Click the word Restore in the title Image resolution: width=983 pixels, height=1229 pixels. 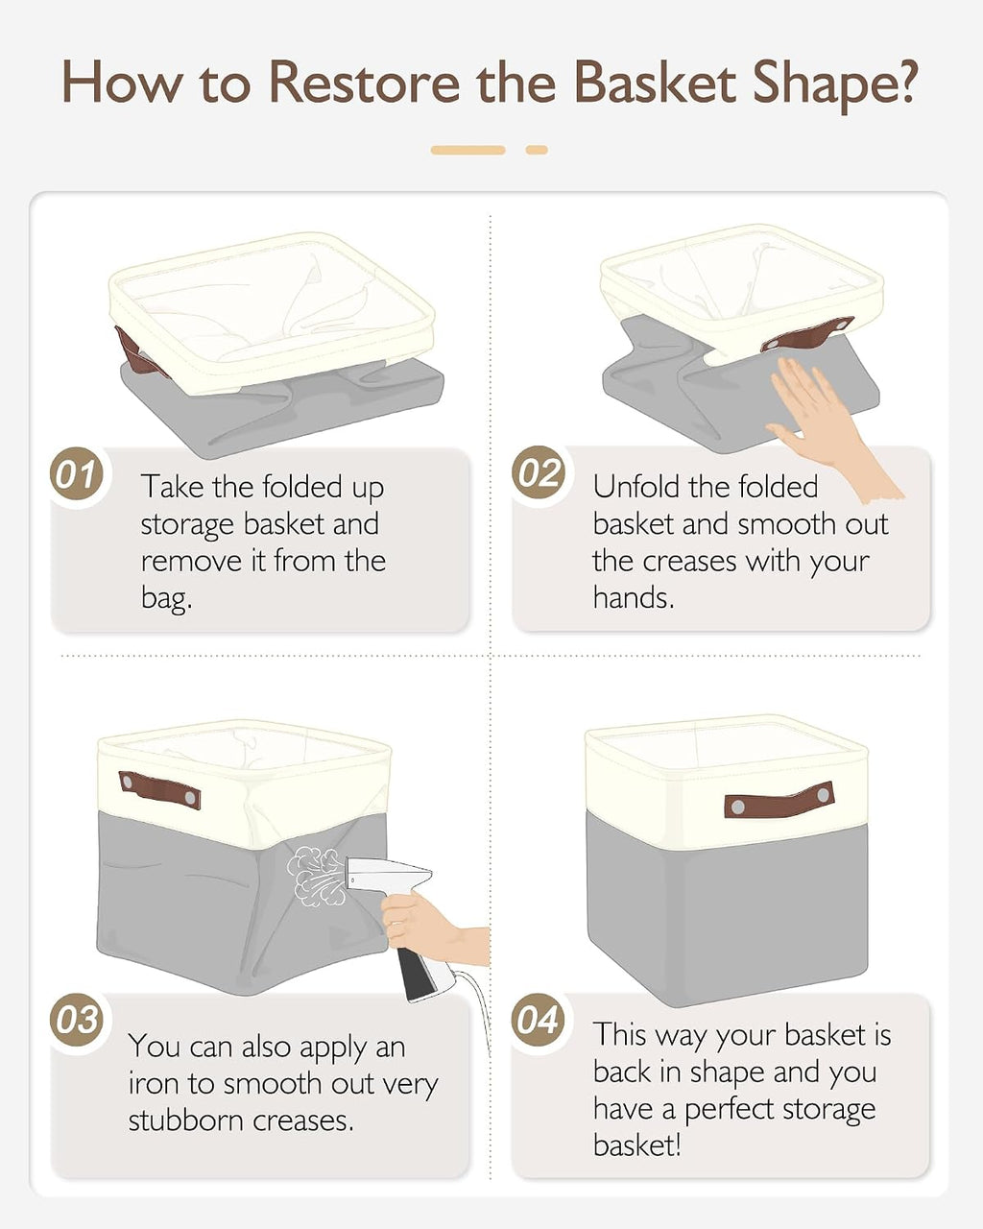364,84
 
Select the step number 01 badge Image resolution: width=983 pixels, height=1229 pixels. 78,473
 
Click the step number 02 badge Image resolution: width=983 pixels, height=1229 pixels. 539,472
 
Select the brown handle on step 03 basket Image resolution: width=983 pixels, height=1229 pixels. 159,789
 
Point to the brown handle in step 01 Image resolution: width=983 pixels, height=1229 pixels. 137,353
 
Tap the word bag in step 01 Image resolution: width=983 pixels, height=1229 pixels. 166,599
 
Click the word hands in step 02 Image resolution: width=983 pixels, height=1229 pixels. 633,598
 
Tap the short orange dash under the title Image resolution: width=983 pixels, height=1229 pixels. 537,150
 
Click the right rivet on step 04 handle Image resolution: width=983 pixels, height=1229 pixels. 823,794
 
